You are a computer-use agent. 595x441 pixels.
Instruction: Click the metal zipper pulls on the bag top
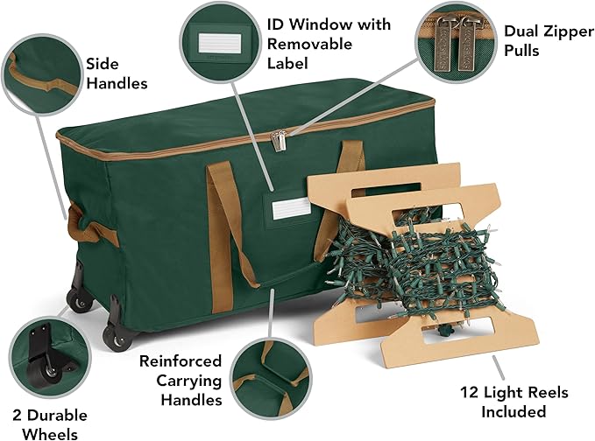click(280, 138)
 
